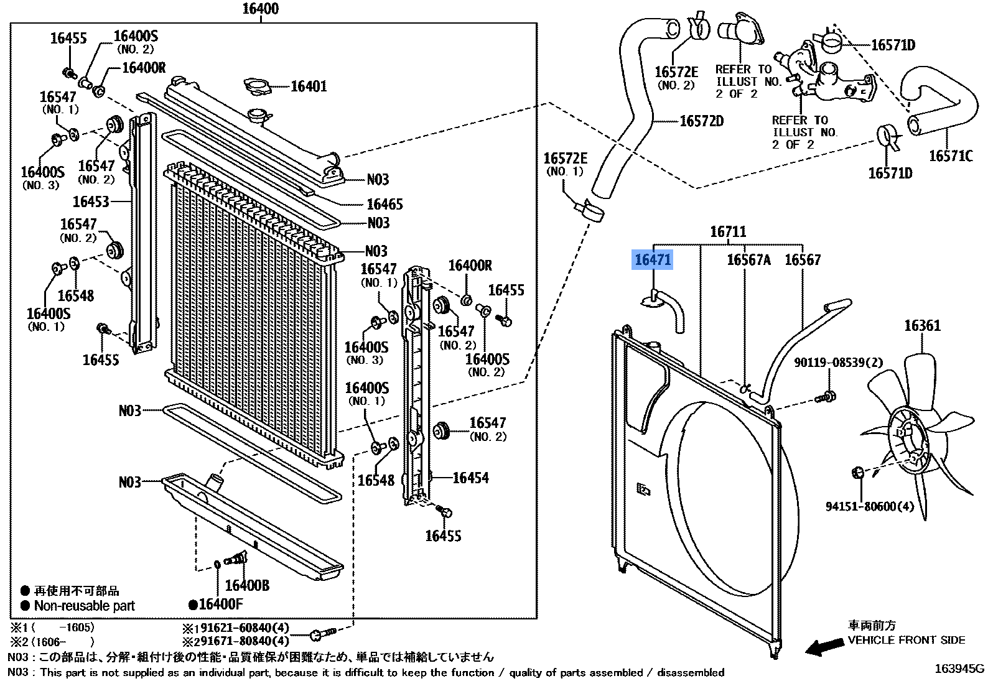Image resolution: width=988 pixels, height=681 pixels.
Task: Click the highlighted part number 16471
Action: (652, 259)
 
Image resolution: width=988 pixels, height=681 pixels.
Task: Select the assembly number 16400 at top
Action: (260, 9)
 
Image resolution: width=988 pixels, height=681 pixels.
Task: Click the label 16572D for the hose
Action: (701, 121)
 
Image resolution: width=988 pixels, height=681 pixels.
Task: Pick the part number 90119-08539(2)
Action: (838, 362)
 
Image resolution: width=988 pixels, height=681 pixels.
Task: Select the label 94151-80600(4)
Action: (870, 507)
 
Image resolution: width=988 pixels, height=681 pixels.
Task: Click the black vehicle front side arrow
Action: (824, 647)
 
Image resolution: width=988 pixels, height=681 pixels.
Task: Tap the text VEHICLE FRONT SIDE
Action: (906, 640)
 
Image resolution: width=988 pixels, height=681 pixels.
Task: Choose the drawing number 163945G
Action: (959, 669)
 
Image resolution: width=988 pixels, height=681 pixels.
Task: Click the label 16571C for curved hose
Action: (950, 156)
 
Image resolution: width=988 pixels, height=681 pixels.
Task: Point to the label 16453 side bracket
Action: (91, 202)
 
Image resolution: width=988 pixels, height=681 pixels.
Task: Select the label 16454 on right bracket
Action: (470, 478)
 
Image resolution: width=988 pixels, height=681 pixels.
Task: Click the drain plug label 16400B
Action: (247, 585)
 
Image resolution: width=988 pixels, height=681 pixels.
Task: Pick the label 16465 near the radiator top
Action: (384, 204)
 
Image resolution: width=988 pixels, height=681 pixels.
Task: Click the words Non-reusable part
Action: (84, 606)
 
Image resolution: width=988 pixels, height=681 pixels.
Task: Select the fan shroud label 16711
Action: (728, 232)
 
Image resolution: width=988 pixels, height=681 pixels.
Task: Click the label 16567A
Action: (748, 260)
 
